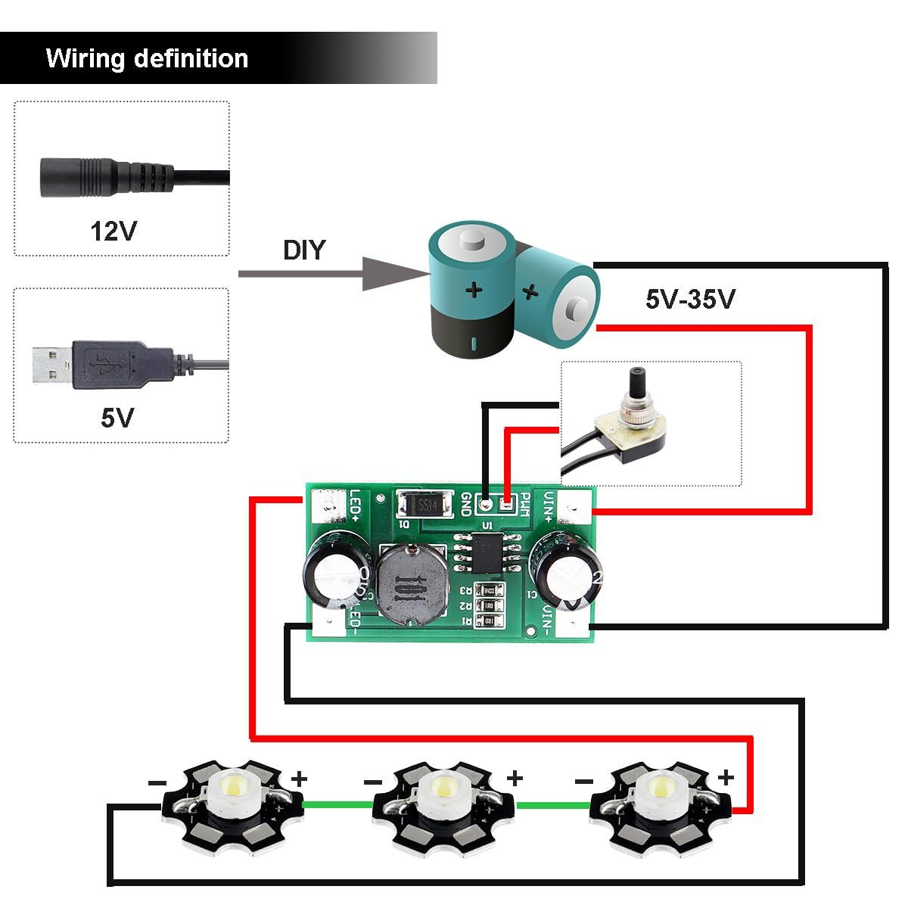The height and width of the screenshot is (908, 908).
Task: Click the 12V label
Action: [113, 230]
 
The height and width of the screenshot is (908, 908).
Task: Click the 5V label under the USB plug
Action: [117, 417]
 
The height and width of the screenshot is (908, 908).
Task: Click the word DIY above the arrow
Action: [303, 250]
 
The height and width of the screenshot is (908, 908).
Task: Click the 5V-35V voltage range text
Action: [689, 300]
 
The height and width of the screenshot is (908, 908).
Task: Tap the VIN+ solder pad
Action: [577, 505]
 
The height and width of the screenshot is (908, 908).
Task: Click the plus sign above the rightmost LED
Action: [726, 777]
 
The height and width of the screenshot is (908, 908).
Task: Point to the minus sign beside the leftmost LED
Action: [156, 782]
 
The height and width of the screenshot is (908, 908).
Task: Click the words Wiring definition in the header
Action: [147, 58]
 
